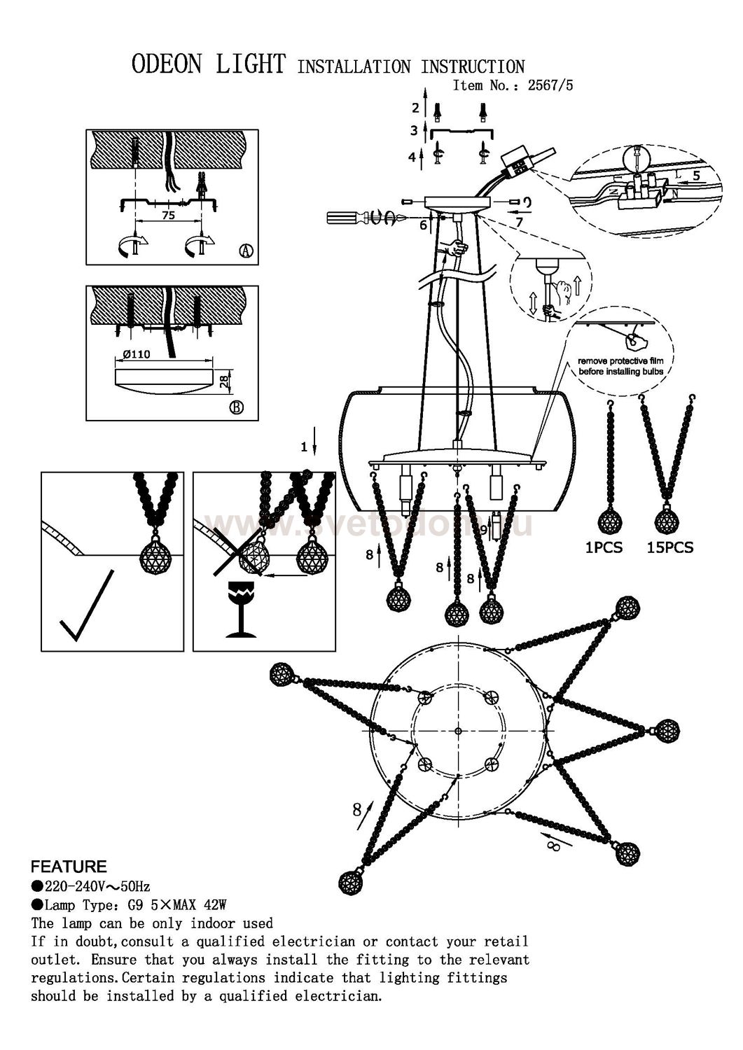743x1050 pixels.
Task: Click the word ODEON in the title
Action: tap(167, 65)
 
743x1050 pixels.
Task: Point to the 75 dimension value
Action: tap(168, 216)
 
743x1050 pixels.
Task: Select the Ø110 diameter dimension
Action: tap(136, 355)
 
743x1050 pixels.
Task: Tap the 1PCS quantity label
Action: tap(604, 547)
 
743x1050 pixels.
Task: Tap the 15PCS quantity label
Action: tap(669, 547)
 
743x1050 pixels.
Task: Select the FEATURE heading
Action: tap(69, 867)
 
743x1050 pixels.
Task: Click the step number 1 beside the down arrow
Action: tap(304, 446)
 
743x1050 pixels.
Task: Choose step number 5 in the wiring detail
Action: tap(696, 176)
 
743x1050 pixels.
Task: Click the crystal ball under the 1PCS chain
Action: tap(610, 522)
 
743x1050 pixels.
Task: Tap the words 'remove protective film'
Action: tap(620, 360)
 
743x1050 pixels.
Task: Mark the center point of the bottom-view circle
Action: tap(457, 731)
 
